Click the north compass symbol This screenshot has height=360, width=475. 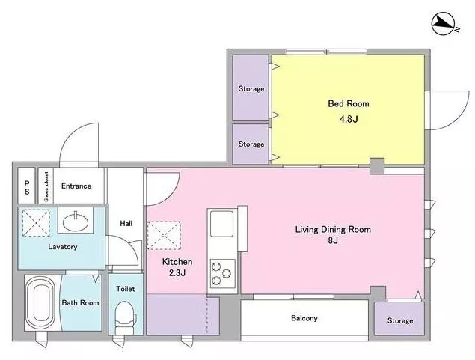[442, 24]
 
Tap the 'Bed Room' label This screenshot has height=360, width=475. [349, 103]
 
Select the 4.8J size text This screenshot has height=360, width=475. [349, 119]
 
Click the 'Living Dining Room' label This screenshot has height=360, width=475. [333, 229]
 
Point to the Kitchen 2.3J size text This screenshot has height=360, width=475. [177, 273]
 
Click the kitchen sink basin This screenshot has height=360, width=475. [221, 224]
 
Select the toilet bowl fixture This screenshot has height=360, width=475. [126, 317]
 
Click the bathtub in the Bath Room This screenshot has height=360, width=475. [40, 303]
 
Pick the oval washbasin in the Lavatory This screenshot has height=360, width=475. [76, 222]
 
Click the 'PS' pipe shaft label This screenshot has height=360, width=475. [27, 188]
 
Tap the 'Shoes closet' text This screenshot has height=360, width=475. [46, 186]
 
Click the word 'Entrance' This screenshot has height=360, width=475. [76, 186]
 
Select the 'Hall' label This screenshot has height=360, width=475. [126, 223]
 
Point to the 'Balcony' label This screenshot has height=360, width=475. [304, 318]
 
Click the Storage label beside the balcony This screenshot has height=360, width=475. [400, 320]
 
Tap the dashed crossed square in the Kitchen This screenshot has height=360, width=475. [164, 236]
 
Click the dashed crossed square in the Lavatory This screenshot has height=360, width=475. [36, 223]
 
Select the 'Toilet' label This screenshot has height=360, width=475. [126, 289]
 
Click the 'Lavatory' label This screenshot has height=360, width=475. [63, 247]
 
